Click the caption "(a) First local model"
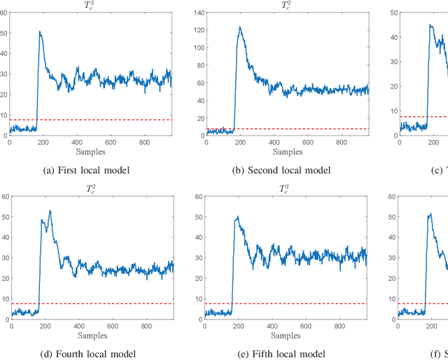90,170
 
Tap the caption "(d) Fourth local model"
90,354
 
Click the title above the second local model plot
287,5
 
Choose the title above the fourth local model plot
90,188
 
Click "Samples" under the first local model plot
90,151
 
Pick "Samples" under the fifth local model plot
287,335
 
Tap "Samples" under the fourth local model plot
90,335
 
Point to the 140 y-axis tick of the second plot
197,13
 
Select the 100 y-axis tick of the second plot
197,46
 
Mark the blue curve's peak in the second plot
240,27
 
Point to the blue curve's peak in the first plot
40,31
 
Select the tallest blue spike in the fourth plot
50,210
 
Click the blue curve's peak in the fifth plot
237,217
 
